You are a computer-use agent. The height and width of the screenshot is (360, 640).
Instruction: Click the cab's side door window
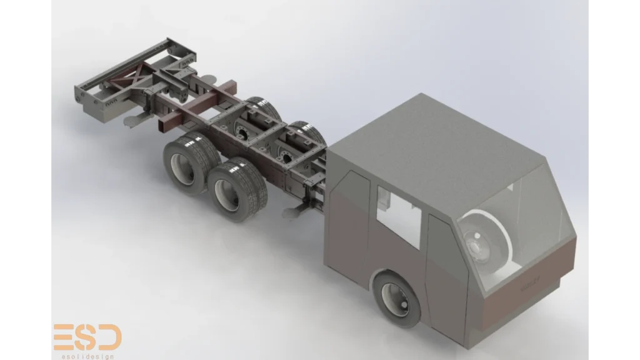pyautogui.click(x=398, y=217)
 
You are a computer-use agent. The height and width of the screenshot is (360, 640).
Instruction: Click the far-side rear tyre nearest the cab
pyautogui.click(x=309, y=132)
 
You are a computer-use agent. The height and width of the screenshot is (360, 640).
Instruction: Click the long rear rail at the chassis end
pyautogui.click(x=122, y=63)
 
